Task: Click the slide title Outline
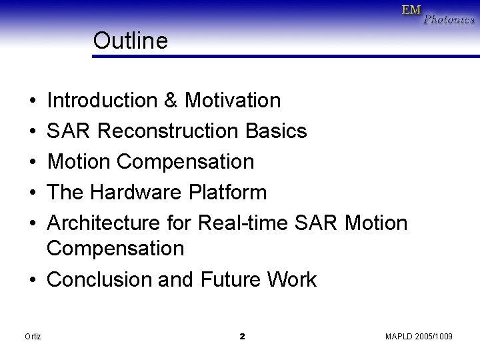tap(131, 41)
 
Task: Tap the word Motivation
tap(233, 101)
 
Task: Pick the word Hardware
tap(135, 193)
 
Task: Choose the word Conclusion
tap(100, 279)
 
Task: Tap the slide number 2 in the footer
tap(242, 337)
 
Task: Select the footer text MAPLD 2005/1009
tap(419, 337)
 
